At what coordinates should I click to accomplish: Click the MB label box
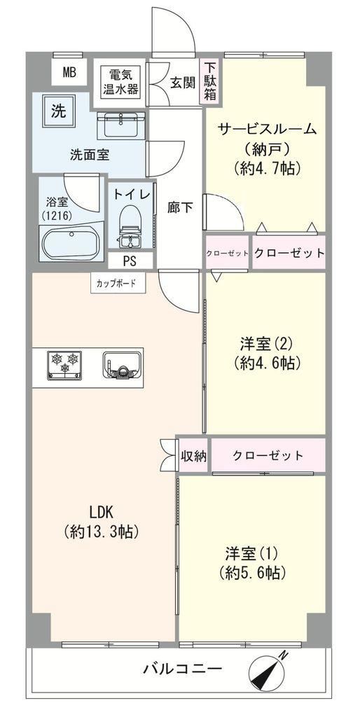point(69,72)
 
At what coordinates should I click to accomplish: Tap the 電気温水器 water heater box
point(120,82)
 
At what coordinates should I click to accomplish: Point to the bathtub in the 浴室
point(70,241)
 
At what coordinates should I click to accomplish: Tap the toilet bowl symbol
point(131,226)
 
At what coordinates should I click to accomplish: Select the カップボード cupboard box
point(117,283)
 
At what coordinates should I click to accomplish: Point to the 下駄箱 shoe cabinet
point(210,83)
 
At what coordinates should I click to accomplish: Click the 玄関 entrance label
point(183,83)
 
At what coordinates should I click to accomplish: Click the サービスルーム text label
point(267,129)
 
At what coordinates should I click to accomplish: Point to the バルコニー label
point(183,670)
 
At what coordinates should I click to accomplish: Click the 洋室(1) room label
point(252,553)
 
